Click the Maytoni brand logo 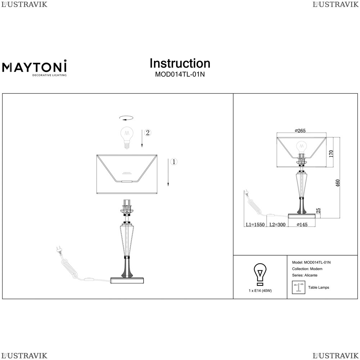tap(35, 68)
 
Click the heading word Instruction tap(180, 63)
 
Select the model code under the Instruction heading tap(180, 75)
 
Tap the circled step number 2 tap(148, 132)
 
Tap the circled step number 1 tap(174, 162)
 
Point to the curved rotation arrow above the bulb tap(126, 118)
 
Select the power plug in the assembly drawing tap(59, 251)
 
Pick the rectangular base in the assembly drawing tap(127, 280)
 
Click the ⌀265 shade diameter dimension tap(300, 130)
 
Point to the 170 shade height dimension tap(331, 154)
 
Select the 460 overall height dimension tap(338, 183)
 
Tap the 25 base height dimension tap(318, 211)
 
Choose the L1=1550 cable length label tap(255, 225)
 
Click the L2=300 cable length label tap(277, 225)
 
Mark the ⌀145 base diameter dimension tap(302, 225)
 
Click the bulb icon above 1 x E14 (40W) tap(260, 275)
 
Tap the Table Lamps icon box tap(298, 287)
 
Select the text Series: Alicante tap(305, 275)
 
